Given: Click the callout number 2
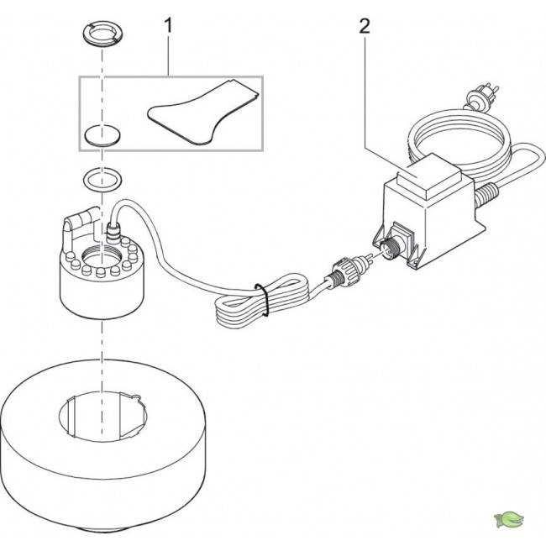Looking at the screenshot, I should [364, 26].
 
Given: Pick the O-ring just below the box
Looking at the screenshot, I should [101, 179].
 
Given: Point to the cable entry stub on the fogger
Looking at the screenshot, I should [110, 229].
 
